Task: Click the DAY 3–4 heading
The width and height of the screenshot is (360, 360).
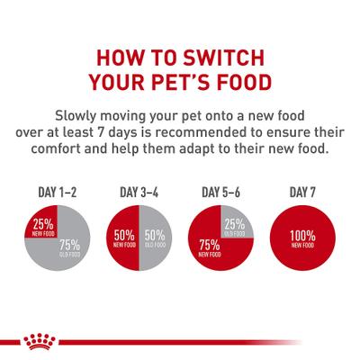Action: click(139, 193)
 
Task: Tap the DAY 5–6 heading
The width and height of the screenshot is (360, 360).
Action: click(221, 193)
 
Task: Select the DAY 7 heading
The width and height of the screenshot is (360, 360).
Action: click(301, 193)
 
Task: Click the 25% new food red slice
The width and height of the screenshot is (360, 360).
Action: click(40, 225)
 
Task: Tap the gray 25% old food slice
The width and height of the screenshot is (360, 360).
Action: click(236, 224)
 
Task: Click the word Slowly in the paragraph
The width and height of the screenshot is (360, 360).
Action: click(81, 116)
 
